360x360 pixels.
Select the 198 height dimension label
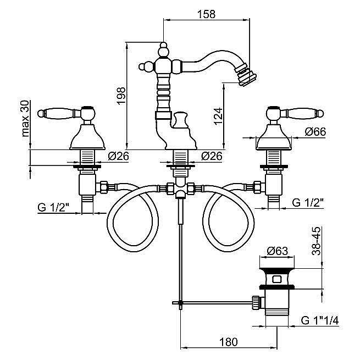122,95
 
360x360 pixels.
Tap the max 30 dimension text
24,118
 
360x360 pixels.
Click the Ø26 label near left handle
119,156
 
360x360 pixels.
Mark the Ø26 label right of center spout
212,156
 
